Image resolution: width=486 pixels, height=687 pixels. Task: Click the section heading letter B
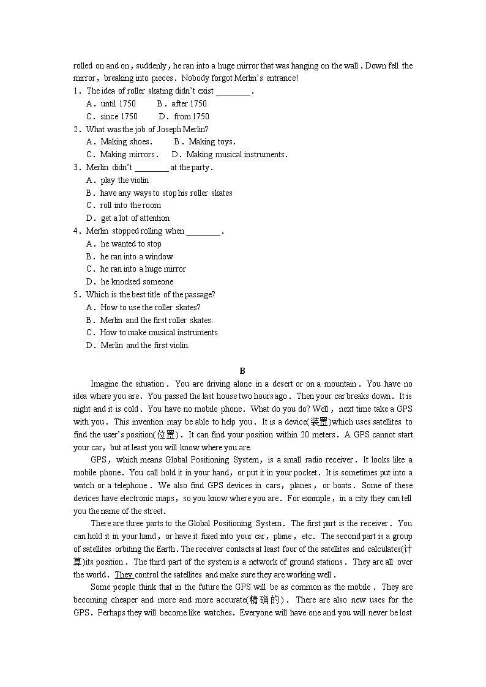[x=242, y=371]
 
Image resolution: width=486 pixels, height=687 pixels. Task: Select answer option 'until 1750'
[x=118, y=103]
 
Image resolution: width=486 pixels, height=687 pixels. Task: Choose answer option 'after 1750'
[x=189, y=103]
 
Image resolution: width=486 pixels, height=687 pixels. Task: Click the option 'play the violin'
[x=124, y=180]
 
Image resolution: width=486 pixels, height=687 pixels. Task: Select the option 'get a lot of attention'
[x=135, y=218]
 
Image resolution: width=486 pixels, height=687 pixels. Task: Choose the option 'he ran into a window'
[x=136, y=256]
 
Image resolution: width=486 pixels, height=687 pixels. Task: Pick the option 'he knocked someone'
[x=136, y=281]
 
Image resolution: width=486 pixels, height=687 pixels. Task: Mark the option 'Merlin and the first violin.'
[x=145, y=345]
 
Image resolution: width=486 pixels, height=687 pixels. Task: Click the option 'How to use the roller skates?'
[x=150, y=307]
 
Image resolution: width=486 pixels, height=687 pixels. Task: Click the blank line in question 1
[x=233, y=91]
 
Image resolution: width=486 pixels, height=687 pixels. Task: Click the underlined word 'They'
[x=124, y=574]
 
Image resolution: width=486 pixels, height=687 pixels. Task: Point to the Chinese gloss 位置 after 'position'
[x=166, y=434]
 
